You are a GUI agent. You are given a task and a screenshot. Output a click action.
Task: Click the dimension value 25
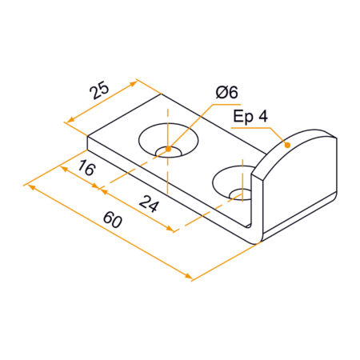(x=98, y=90)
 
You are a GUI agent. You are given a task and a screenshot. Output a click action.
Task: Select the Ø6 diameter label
(x=226, y=94)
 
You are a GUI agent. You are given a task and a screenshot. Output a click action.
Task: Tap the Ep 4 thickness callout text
(x=251, y=117)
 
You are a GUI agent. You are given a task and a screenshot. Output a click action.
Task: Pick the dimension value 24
(x=148, y=204)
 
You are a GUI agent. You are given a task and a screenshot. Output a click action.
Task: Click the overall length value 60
(x=112, y=221)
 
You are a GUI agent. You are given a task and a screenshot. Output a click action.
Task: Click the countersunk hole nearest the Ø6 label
(x=169, y=142)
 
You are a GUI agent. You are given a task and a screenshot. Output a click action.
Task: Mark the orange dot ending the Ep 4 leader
(x=286, y=145)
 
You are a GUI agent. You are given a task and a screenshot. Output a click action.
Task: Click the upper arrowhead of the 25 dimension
(x=136, y=81)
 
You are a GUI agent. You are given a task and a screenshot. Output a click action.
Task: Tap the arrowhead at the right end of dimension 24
(x=171, y=230)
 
